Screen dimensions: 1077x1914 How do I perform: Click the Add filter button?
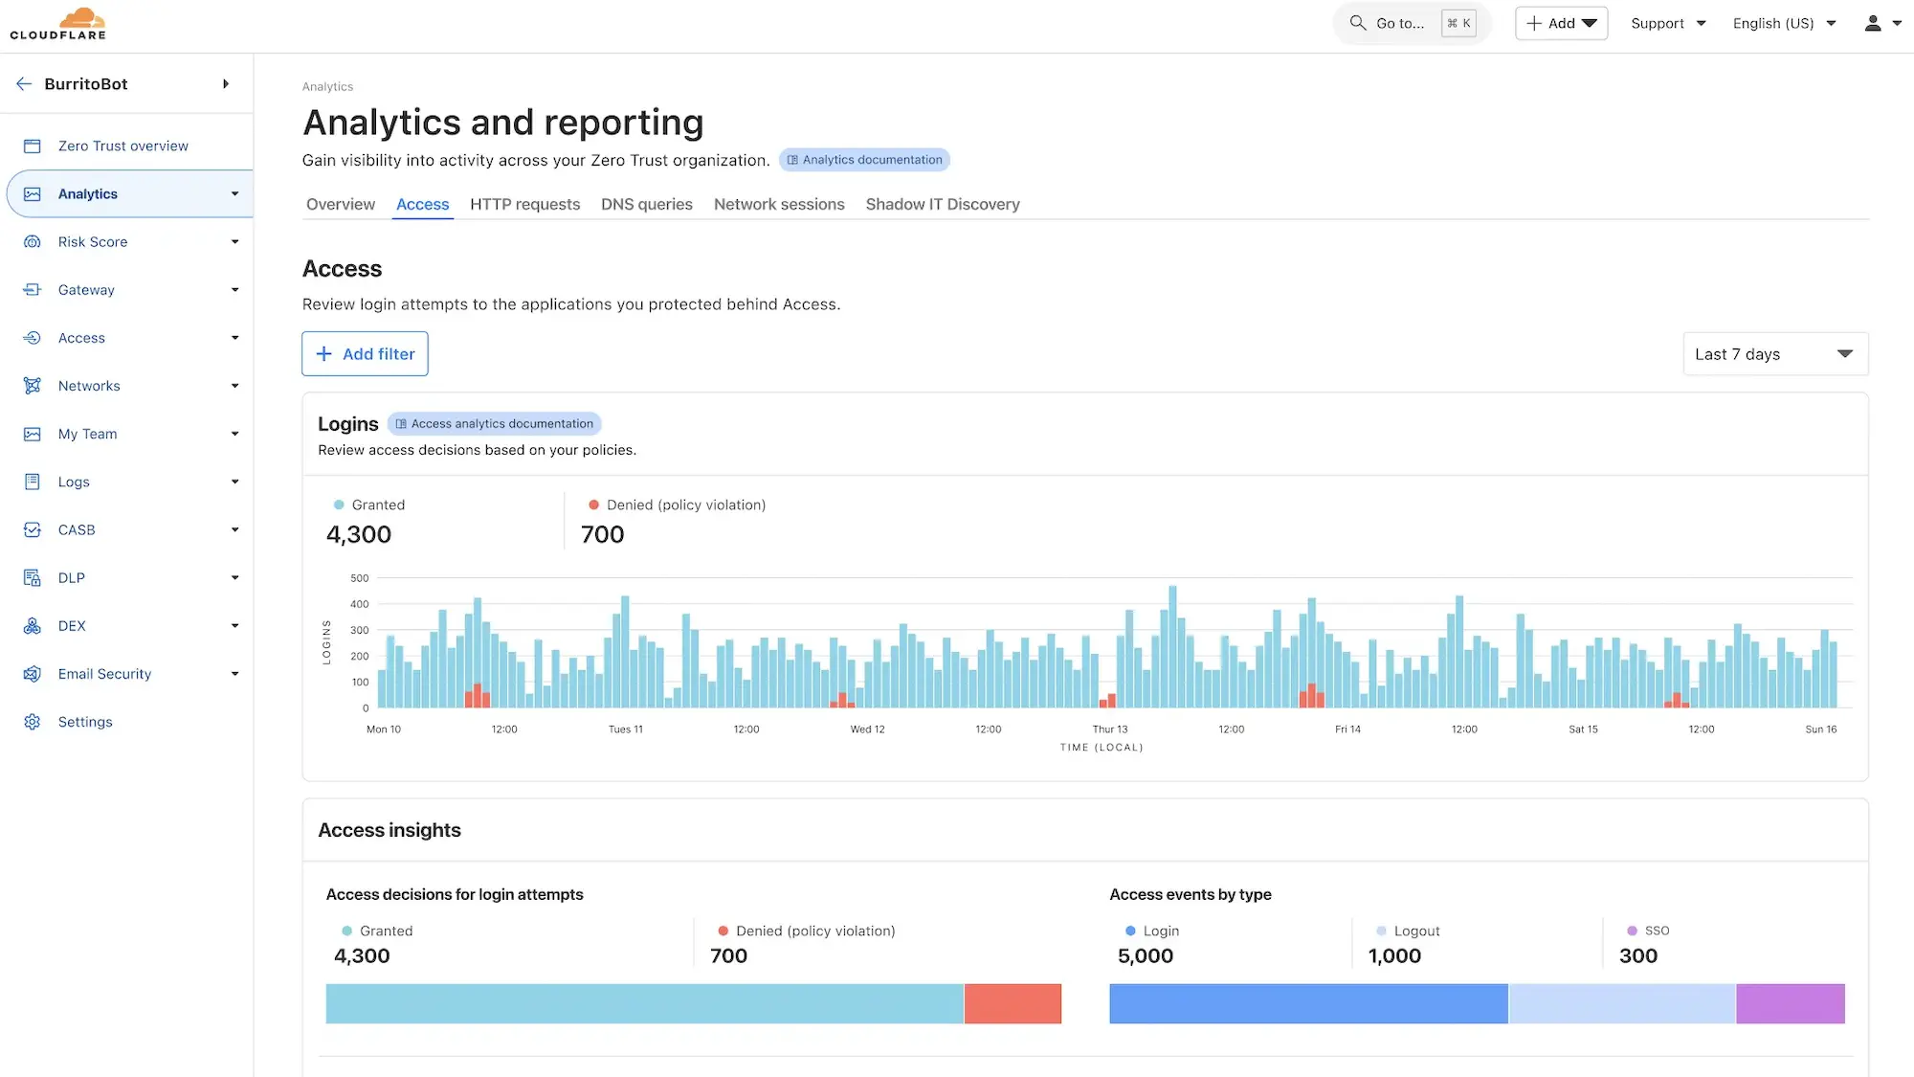(365, 354)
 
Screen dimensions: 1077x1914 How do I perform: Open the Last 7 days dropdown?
(1774, 354)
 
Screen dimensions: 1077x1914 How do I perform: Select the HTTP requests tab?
(524, 204)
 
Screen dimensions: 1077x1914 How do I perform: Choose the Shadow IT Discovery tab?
(942, 204)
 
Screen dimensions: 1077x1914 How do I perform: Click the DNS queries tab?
(646, 204)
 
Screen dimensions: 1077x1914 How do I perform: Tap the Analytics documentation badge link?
(864, 160)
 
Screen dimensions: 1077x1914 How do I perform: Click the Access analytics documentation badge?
(494, 424)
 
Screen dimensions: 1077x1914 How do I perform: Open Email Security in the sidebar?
(104, 674)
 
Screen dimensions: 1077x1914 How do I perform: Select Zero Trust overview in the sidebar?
(122, 146)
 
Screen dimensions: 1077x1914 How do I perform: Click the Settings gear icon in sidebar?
(33, 722)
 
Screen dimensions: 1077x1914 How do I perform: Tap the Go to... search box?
(1399, 23)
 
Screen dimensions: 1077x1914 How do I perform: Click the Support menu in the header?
(1667, 23)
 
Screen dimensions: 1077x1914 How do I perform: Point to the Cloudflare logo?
(58, 23)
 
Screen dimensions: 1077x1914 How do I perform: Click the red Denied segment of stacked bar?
(1013, 1003)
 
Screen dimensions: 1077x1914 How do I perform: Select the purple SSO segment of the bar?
(1790, 1003)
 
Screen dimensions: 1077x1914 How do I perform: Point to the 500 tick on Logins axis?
(359, 578)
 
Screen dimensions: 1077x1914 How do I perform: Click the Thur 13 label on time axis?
(1110, 729)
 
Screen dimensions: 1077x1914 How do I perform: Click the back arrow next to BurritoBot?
(24, 84)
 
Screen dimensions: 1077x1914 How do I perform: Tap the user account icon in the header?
(1873, 23)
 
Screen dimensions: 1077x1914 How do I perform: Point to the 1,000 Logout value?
(1394, 955)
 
